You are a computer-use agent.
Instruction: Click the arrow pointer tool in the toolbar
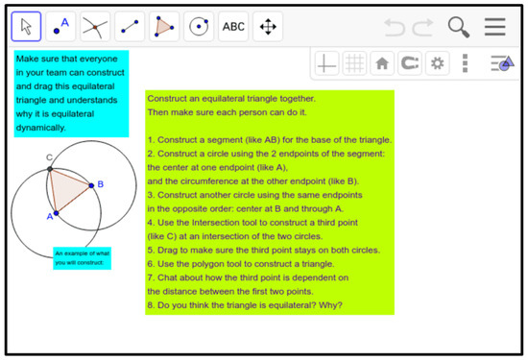(26, 27)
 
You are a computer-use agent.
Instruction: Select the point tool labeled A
(60, 27)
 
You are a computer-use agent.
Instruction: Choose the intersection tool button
(95, 27)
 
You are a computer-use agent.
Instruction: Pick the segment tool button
(130, 27)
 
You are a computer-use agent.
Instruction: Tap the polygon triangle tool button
(164, 27)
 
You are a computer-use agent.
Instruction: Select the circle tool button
(199, 27)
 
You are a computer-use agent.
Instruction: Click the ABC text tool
(233, 27)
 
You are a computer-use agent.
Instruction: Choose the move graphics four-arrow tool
(268, 27)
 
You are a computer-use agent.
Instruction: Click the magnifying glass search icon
(459, 27)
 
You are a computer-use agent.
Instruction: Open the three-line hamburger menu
(495, 27)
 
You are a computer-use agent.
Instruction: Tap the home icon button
(382, 63)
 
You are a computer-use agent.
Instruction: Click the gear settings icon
(437, 63)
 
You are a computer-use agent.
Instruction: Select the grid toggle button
(354, 63)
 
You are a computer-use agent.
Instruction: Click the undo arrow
(395, 27)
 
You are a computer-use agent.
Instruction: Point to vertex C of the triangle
(50, 169)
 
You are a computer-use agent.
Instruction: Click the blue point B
(91, 185)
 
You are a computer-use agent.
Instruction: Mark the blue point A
(57, 213)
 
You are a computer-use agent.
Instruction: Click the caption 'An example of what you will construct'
(83, 258)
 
